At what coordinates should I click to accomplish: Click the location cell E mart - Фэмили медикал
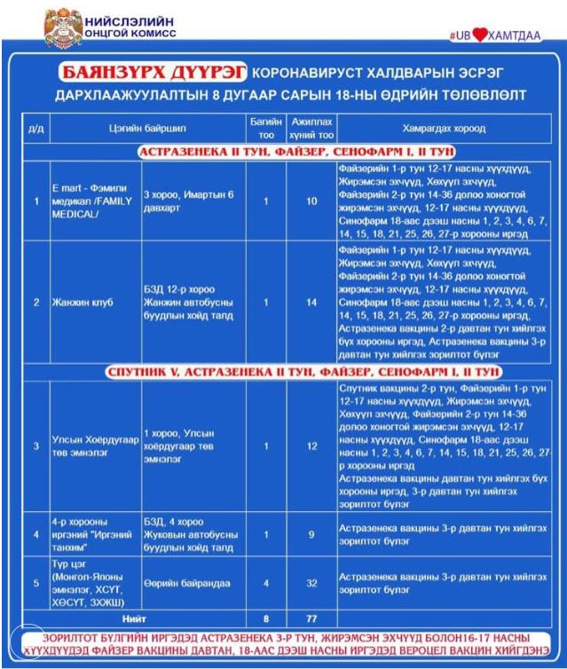(92, 201)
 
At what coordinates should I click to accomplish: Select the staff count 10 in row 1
(311, 201)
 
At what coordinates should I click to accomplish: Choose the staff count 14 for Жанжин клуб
(311, 302)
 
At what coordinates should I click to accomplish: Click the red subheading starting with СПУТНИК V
(305, 371)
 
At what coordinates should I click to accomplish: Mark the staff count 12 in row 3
(311, 445)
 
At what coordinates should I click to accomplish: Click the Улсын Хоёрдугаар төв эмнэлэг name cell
(92, 445)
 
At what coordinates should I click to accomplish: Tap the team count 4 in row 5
(265, 582)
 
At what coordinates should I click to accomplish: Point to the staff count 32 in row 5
(311, 582)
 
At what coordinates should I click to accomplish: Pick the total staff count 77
(311, 617)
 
